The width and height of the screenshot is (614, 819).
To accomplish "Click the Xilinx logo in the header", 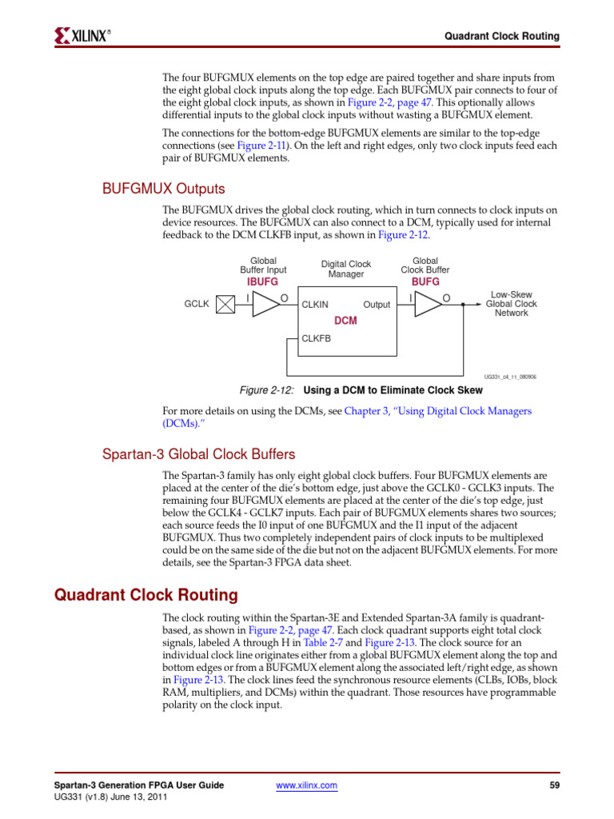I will click(82, 35).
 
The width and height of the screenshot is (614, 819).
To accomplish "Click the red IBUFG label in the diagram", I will click(263, 282).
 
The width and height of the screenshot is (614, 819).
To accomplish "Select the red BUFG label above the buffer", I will click(425, 282).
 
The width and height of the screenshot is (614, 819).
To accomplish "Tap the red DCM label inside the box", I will click(345, 321).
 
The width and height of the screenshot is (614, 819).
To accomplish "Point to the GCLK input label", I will click(196, 305).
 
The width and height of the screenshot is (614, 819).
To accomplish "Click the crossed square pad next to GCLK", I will click(227, 304).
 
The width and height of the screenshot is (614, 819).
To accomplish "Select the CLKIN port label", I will click(315, 305).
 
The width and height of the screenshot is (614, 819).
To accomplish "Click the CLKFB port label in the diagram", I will click(316, 338).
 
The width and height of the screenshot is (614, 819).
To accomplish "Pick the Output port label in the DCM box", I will click(377, 305).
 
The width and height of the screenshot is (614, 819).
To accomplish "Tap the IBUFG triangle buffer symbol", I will click(265, 304).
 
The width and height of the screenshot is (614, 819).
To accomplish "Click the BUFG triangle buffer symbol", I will click(428, 304).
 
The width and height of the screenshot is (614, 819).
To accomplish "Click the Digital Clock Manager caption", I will click(346, 269).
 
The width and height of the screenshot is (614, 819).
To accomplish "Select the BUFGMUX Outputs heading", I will click(164, 189).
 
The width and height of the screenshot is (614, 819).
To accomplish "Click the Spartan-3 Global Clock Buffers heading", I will click(198, 454).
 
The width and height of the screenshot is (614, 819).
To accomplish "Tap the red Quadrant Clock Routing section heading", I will click(146, 595).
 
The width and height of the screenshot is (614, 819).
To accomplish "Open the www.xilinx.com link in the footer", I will click(306, 785).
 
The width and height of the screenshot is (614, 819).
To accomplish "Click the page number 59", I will click(554, 785).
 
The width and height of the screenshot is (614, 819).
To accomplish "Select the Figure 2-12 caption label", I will click(267, 390).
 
